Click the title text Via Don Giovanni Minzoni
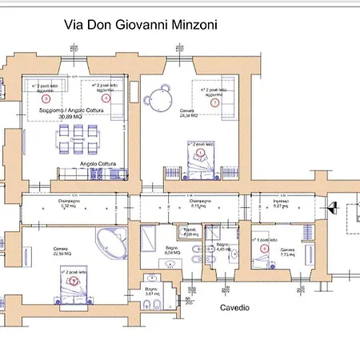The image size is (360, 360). tap(141, 25)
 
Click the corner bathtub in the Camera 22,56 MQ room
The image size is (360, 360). tap(110, 244)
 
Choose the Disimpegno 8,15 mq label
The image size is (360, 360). tap(178, 203)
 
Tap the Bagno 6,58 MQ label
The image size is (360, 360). tap(174, 250)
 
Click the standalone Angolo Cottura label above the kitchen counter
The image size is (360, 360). tap(98, 164)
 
